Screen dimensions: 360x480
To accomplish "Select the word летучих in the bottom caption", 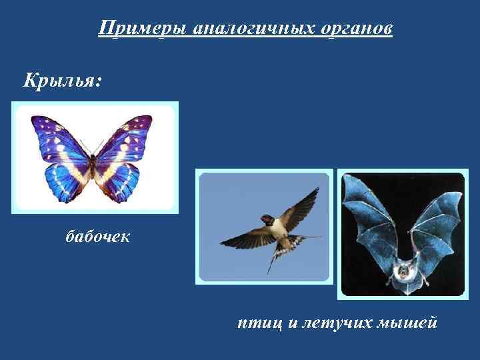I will point(327,323).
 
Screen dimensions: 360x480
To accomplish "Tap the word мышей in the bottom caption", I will point(407,323).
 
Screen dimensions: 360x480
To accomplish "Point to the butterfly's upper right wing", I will point(127,137).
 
